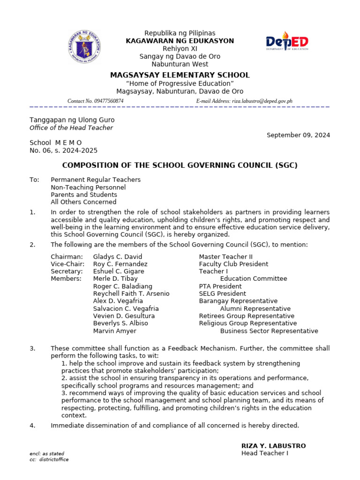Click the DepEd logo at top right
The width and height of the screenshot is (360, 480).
coord(287,44)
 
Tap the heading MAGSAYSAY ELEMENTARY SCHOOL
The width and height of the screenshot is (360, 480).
coord(180,75)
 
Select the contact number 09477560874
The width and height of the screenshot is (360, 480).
coord(108,101)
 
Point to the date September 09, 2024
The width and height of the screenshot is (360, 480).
coord(298,135)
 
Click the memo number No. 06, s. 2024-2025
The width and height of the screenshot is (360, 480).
coord(64,150)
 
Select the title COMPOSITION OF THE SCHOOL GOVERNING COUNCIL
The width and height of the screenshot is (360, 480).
coord(180,165)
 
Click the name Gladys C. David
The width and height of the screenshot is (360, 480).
coord(117,256)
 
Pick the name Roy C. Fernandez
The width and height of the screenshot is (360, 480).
coord(120,264)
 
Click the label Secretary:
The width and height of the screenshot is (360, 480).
coord(67,271)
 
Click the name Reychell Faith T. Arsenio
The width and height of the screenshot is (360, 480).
coord(131,294)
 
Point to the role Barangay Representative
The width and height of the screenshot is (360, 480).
coord(238,301)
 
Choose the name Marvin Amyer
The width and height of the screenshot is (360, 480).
coord(115,331)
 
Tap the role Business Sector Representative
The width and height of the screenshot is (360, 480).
coord(269,331)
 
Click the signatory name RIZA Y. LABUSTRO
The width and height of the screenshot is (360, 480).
coord(273,446)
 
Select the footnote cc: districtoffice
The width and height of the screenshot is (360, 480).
coord(49,460)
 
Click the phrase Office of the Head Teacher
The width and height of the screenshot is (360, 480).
coord(71,128)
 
